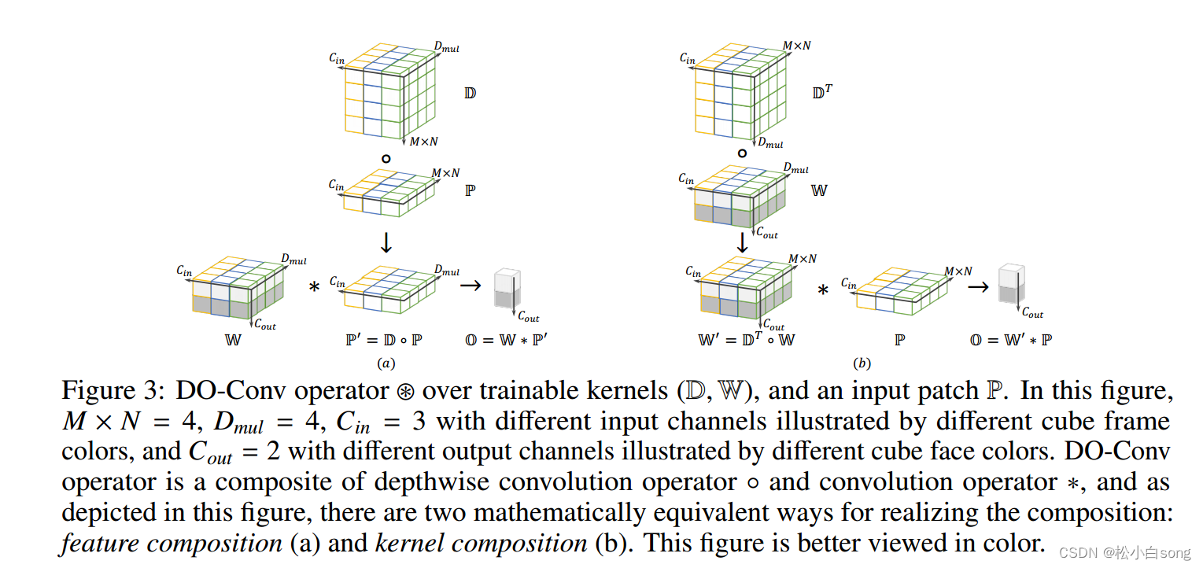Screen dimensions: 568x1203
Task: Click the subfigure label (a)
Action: (x=386, y=363)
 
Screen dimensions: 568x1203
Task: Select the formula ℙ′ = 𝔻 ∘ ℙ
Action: (x=385, y=340)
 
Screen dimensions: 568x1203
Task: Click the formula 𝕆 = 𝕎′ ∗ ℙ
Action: (x=1012, y=340)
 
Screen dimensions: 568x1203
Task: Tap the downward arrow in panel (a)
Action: (x=386, y=242)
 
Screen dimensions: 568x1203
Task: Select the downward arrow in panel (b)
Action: (x=741, y=242)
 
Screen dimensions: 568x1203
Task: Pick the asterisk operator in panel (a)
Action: (x=314, y=287)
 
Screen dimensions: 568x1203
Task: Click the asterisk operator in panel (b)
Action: (x=823, y=290)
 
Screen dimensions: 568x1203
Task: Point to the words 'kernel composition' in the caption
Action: (x=481, y=543)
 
